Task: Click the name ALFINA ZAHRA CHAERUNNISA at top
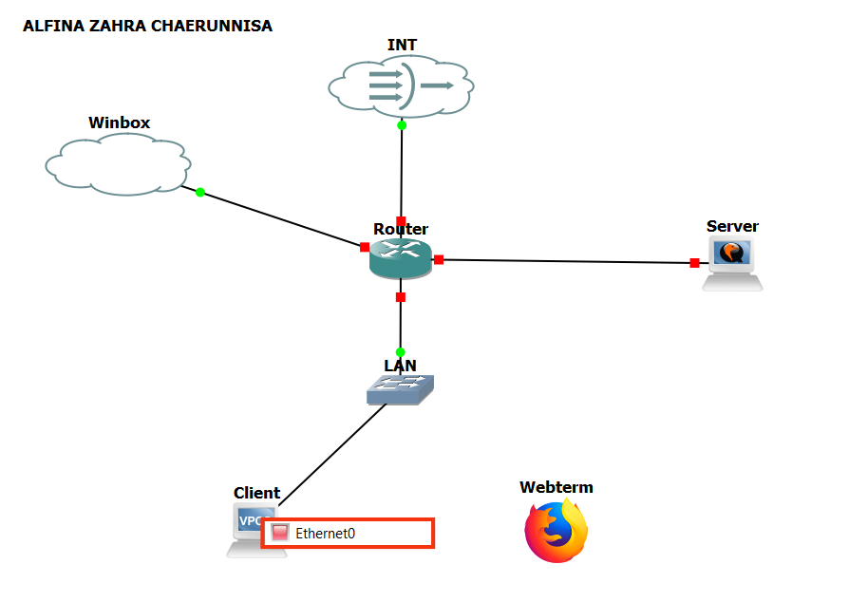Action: pyautogui.click(x=147, y=27)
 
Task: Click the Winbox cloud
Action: pyautogui.click(x=116, y=163)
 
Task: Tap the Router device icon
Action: pyautogui.click(x=401, y=257)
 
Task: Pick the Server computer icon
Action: pyautogui.click(x=732, y=262)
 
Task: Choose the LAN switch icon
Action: pyautogui.click(x=400, y=389)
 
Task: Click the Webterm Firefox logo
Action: pyautogui.click(x=557, y=532)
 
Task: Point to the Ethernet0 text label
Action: pyautogui.click(x=325, y=534)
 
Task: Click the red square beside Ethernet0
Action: pyautogui.click(x=279, y=533)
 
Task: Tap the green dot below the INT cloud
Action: pyautogui.click(x=402, y=125)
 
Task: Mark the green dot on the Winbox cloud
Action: pyautogui.click(x=200, y=193)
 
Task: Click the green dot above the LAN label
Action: pyautogui.click(x=401, y=352)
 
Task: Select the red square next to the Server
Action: pyautogui.click(x=695, y=263)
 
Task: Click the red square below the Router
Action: pyautogui.click(x=401, y=297)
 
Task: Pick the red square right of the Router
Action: pyautogui.click(x=439, y=259)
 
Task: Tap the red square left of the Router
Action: pyautogui.click(x=365, y=247)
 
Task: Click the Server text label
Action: pyautogui.click(x=732, y=226)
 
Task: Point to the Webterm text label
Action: pyautogui.click(x=557, y=487)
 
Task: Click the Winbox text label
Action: pyautogui.click(x=120, y=122)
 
